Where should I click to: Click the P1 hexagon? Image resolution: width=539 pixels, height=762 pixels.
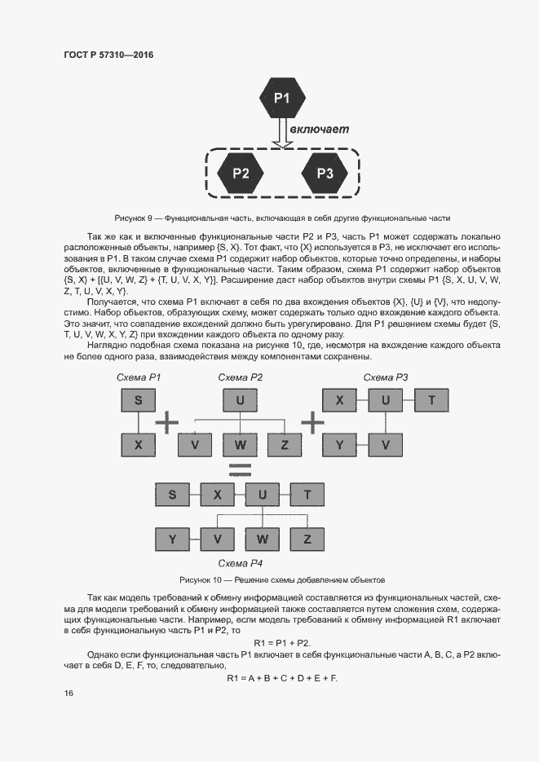pos(281,99)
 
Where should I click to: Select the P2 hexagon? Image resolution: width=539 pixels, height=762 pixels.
pos(241,173)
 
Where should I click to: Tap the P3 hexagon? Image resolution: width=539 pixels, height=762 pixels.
pos(325,173)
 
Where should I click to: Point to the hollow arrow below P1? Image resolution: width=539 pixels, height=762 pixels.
pos(281,134)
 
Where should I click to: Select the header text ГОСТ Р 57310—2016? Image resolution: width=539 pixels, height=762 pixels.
pos(108,55)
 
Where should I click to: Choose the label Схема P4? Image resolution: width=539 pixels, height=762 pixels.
pos(240,563)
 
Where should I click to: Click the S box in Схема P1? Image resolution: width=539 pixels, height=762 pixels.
pos(139,400)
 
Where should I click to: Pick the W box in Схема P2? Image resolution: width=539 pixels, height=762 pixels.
pos(240,445)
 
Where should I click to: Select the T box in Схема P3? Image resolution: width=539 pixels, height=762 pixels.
pos(431,400)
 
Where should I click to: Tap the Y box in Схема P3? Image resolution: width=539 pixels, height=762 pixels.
pos(339,445)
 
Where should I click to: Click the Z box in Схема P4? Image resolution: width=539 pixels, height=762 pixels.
pos(307,539)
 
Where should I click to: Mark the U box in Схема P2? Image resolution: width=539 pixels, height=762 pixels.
pos(240,400)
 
